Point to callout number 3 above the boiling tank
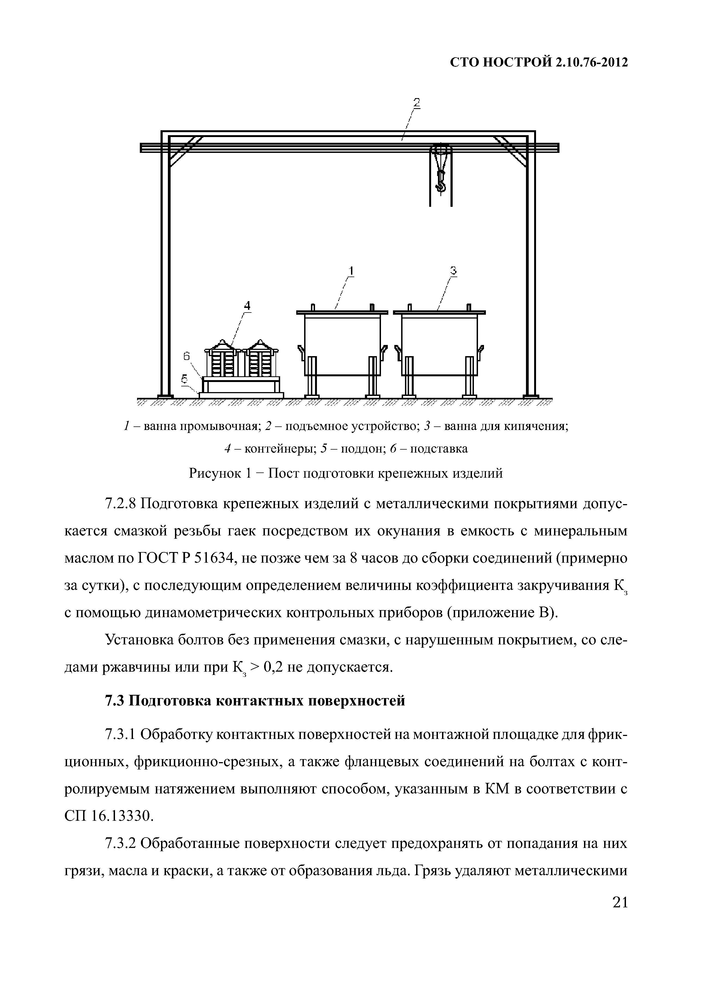point(453,271)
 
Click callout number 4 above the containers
point(247,305)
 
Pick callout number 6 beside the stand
point(187,356)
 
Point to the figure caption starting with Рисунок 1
point(346,473)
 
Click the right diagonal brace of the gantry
point(510,151)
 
